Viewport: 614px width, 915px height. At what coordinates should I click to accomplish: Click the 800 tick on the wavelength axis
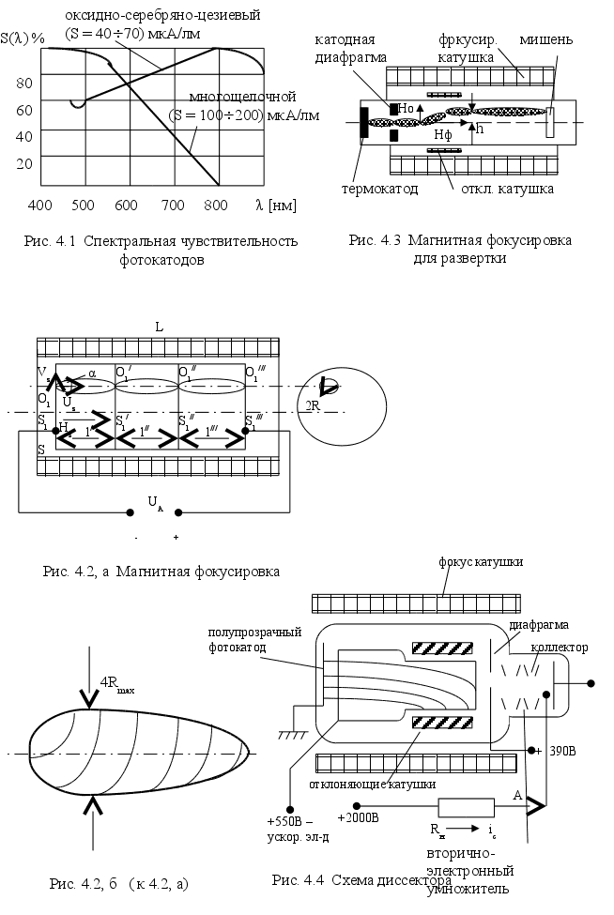216,205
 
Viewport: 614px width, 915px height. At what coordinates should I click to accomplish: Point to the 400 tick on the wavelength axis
39,205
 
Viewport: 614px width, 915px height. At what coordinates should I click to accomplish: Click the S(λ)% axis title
23,38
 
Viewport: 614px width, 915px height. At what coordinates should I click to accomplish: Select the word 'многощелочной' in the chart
242,97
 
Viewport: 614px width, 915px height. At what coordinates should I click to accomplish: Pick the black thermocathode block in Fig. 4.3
362,122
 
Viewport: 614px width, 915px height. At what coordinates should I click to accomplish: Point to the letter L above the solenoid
160,327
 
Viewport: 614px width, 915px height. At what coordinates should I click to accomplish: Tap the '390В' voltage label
561,751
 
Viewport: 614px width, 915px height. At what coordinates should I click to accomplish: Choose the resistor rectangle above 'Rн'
466,806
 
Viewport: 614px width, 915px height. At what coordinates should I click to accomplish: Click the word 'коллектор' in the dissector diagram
560,648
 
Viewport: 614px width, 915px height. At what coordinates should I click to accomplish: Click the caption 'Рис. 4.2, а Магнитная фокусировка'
162,570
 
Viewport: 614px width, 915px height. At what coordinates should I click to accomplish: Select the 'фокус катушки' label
481,561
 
